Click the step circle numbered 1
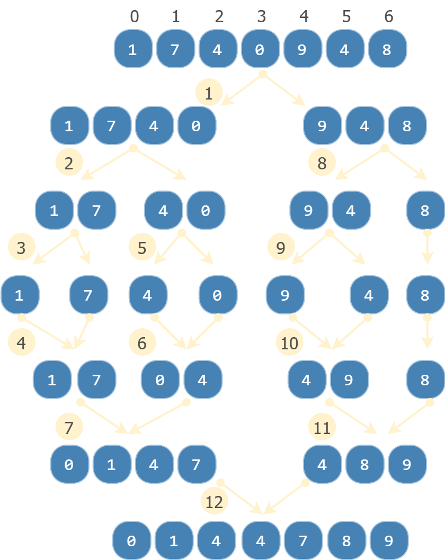(x=209, y=94)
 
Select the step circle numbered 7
(x=69, y=428)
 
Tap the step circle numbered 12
(x=214, y=502)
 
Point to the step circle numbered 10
(x=290, y=343)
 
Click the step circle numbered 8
(x=322, y=163)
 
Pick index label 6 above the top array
(x=388, y=16)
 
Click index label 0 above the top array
(x=134, y=16)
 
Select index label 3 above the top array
(x=261, y=16)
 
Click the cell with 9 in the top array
(x=302, y=49)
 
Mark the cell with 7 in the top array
(x=175, y=49)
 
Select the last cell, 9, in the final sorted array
(x=389, y=540)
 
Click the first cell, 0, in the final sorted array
(x=131, y=540)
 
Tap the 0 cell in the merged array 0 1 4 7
(x=69, y=465)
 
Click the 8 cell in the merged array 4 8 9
(x=364, y=465)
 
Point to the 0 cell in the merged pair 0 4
(x=160, y=380)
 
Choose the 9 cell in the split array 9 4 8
(x=322, y=126)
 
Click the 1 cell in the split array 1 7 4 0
(x=69, y=126)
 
